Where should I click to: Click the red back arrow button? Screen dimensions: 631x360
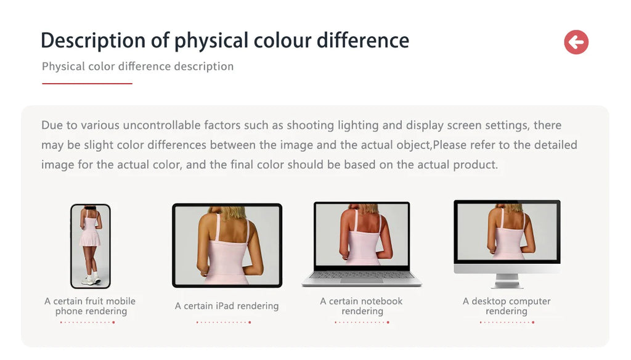(x=576, y=42)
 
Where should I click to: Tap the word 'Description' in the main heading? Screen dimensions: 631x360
(x=93, y=41)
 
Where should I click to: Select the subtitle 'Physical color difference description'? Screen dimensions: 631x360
(x=137, y=67)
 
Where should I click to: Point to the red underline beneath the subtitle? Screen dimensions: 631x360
(x=87, y=83)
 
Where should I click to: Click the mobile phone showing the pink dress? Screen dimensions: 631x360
(x=91, y=246)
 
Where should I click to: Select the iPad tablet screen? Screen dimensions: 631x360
(x=227, y=245)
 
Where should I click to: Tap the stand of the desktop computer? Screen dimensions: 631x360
(x=507, y=280)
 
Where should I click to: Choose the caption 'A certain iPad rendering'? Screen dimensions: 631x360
(x=227, y=306)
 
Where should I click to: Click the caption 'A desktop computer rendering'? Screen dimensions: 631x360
(x=507, y=306)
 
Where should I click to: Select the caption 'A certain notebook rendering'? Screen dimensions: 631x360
(x=361, y=306)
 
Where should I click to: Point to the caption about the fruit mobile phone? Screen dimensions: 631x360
(x=90, y=306)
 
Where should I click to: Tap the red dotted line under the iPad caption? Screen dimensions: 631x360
(x=224, y=322)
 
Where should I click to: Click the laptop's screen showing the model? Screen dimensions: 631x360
(x=361, y=234)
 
